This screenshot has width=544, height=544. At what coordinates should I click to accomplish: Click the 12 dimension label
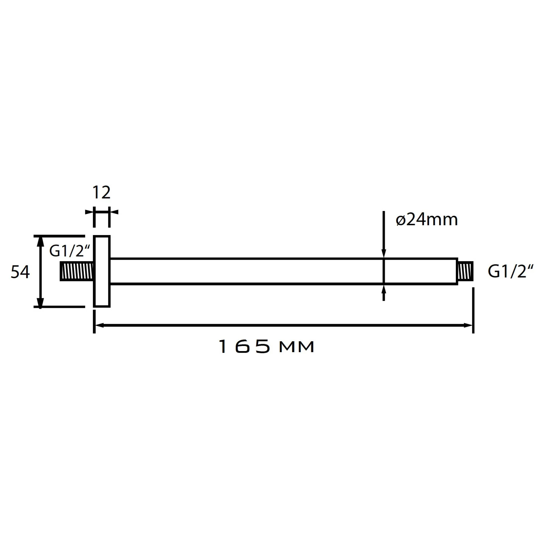tap(101, 193)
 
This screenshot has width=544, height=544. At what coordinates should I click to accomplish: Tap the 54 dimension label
tap(20, 272)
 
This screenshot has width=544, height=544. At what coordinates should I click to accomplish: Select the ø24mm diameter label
tap(426, 220)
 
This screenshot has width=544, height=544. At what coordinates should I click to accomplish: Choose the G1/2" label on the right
tap(511, 272)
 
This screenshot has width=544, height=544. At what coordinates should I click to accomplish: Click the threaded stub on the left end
tap(77, 271)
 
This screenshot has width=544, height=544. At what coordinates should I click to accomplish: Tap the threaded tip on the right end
tap(466, 271)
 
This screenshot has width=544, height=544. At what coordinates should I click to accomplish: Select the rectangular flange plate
tap(102, 271)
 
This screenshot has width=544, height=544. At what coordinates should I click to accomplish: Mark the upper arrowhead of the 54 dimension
tap(41, 241)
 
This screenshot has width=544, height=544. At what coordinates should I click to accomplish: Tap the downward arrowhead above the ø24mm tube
tap(384, 254)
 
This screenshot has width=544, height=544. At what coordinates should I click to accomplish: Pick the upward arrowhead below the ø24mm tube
tap(384, 289)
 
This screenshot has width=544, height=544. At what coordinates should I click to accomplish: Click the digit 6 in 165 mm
tap(242, 347)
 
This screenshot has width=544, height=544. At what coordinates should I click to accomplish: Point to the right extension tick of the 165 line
tap(473, 310)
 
